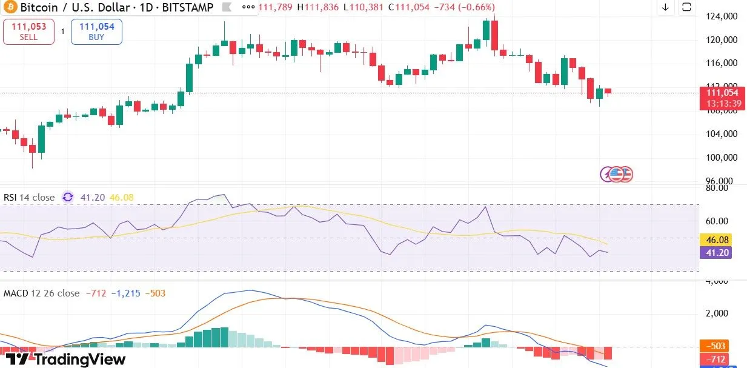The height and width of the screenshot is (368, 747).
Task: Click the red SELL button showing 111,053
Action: tap(28, 32)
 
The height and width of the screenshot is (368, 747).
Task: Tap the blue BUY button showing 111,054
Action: tap(96, 32)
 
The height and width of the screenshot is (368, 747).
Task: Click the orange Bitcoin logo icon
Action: tap(9, 8)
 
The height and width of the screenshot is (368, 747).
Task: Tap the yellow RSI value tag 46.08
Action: tap(715, 240)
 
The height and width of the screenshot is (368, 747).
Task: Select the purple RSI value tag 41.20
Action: tap(715, 252)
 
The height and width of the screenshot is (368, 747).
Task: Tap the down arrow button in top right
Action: tap(665, 7)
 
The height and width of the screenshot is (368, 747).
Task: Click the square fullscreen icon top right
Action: tap(686, 7)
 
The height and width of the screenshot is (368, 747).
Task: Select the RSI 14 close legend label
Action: tap(29, 197)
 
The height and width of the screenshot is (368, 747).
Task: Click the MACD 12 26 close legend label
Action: tap(41, 293)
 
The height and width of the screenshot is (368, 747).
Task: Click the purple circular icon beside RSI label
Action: tap(68, 197)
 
